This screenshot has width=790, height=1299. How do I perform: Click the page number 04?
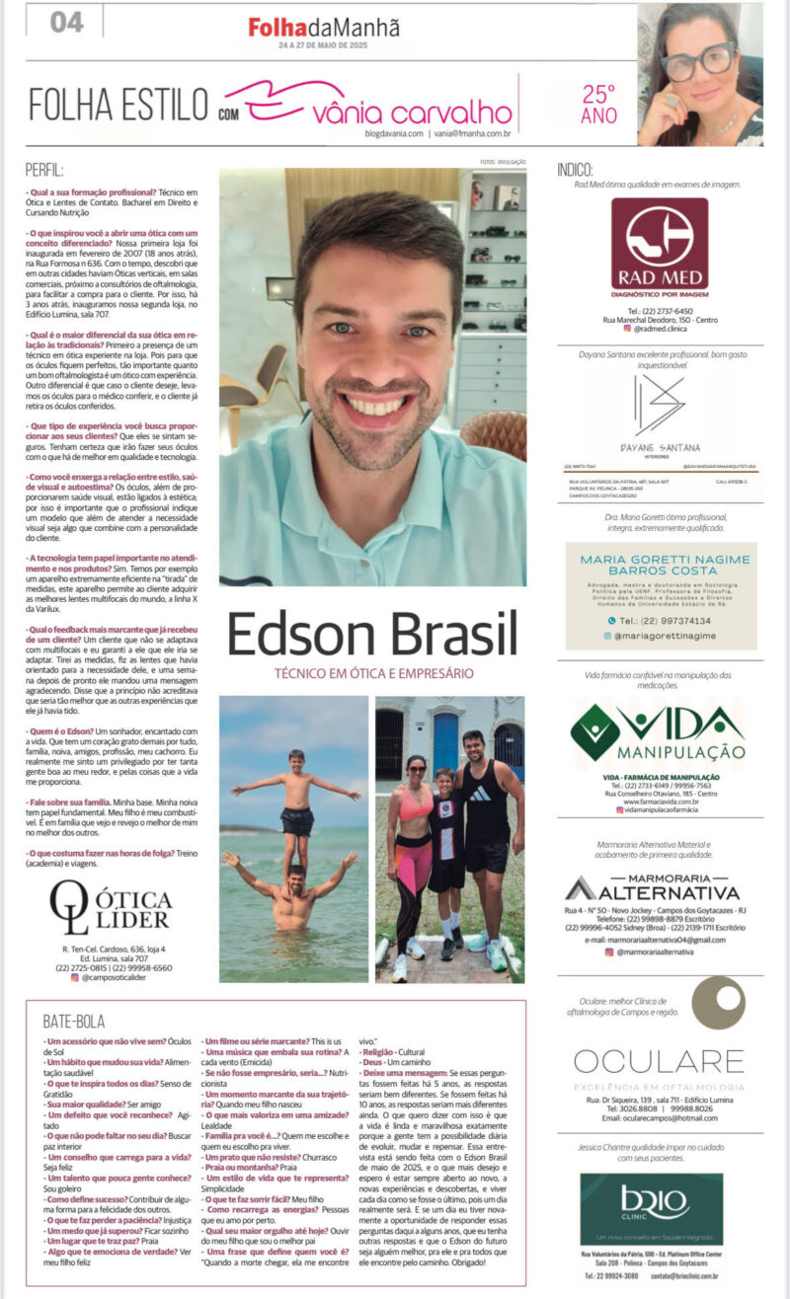coord(66,21)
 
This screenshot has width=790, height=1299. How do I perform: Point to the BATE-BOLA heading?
coord(75,1021)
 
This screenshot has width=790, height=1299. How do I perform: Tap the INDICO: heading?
coord(575,170)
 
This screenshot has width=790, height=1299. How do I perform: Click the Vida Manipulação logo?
coord(658,732)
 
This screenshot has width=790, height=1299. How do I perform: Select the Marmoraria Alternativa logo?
coord(658,887)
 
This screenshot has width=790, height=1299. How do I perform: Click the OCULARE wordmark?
coord(659,1061)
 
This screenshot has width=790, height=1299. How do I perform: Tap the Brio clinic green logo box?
coord(651,1209)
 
